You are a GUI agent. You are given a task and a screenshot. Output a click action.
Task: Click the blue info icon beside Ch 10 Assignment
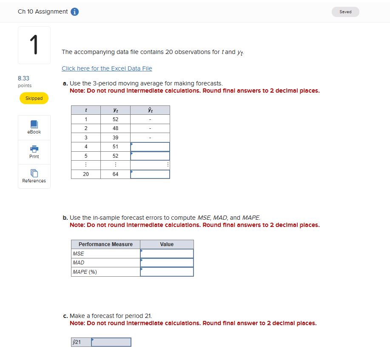tap(74, 12)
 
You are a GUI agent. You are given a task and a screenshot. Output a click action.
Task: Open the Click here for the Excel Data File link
tap(107, 68)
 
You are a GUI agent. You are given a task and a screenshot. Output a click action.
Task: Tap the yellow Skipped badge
tap(34, 98)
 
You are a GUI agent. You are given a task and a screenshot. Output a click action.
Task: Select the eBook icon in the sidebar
tap(34, 125)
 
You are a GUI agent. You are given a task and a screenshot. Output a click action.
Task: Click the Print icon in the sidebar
tap(34, 149)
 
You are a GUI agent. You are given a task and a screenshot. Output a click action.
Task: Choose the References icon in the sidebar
tap(34, 173)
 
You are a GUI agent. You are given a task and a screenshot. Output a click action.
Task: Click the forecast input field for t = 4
tap(150, 147)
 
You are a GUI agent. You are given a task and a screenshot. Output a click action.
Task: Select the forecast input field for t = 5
tap(150, 156)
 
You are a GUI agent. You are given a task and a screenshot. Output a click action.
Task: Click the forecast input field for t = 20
tap(150, 174)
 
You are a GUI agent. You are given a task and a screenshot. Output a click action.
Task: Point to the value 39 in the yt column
tap(115, 138)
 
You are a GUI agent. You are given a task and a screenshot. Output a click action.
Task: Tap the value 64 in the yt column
tap(115, 174)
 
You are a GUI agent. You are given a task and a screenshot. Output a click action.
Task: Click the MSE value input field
tap(167, 253)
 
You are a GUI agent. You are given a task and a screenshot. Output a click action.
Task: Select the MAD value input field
tap(167, 263)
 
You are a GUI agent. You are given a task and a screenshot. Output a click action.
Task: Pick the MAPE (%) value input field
tap(167, 272)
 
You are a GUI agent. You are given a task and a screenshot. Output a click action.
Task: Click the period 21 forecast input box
tap(111, 342)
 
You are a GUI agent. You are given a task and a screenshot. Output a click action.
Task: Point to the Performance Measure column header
tap(105, 244)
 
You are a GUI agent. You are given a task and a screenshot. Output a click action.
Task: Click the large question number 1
tap(34, 45)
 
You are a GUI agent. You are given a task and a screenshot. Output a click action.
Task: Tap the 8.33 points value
tap(24, 78)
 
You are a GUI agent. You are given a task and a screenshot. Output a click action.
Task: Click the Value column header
tap(167, 244)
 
